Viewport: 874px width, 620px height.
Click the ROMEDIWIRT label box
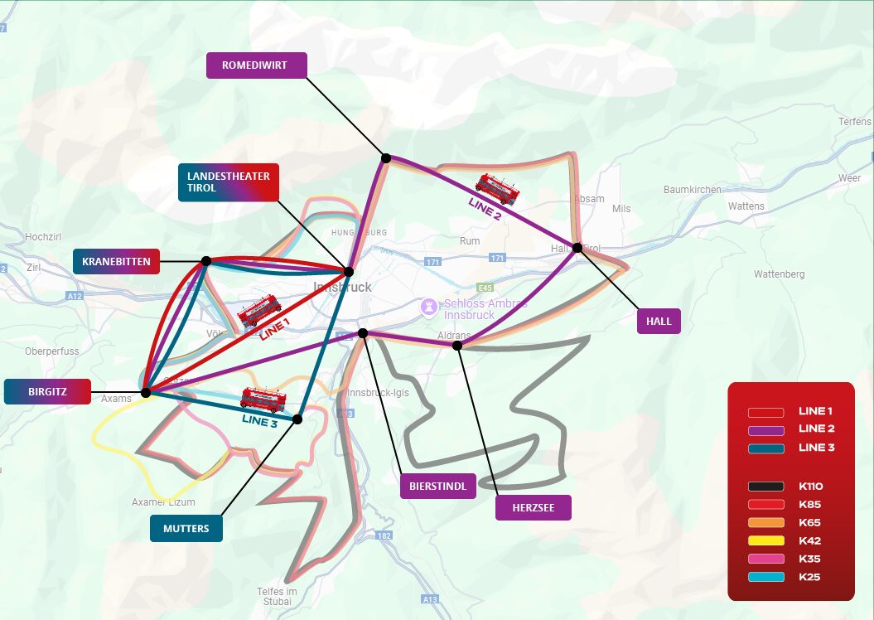tap(256, 65)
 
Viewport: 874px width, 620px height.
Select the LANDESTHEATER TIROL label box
tap(228, 182)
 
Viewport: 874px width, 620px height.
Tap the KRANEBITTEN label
tap(116, 261)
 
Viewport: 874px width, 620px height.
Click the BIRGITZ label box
tap(46, 391)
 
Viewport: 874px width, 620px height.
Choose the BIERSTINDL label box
tap(438, 486)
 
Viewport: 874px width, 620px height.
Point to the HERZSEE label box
tap(534, 507)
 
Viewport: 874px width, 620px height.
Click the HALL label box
tap(659, 321)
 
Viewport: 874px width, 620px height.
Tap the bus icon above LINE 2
tap(497, 189)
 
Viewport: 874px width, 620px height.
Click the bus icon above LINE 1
tap(259, 311)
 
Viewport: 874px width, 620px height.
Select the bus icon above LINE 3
tap(263, 400)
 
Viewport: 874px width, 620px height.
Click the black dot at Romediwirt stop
tap(385, 157)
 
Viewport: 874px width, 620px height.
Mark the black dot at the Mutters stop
tap(297, 419)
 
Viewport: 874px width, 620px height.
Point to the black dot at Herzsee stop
tap(456, 345)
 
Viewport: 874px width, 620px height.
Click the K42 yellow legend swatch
tap(765, 540)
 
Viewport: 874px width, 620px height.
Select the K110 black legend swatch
tap(765, 487)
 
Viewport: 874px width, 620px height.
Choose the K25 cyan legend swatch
tap(765, 576)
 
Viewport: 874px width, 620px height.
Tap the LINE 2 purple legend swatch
tap(765, 429)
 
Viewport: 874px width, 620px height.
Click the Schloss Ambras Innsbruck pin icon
tap(428, 307)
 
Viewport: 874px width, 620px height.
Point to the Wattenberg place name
tap(779, 274)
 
